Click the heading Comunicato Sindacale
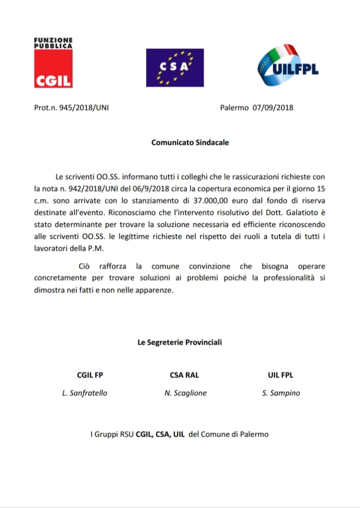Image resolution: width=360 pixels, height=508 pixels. click(x=190, y=142)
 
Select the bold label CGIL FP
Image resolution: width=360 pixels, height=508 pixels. click(x=90, y=375)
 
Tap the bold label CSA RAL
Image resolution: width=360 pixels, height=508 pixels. click(x=184, y=375)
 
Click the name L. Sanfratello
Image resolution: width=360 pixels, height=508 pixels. click(x=84, y=393)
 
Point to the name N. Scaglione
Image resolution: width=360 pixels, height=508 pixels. click(x=185, y=393)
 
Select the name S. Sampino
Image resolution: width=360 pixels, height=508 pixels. click(x=281, y=393)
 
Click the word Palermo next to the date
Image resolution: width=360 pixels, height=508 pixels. click(x=234, y=107)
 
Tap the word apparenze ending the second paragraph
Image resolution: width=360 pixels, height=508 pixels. click(x=153, y=290)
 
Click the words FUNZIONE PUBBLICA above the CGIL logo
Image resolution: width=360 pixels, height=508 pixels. click(x=53, y=42)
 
